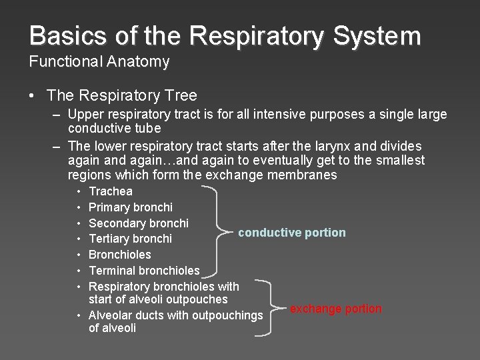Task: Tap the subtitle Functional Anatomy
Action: (99, 62)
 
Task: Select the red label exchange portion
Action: (335, 309)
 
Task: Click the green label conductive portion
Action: (292, 233)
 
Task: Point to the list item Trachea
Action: (110, 191)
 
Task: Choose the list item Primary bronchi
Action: (131, 207)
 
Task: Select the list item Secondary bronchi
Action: (139, 223)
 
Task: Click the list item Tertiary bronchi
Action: (131, 239)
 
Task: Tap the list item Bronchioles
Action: (120, 254)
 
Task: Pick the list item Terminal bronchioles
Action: (144, 270)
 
